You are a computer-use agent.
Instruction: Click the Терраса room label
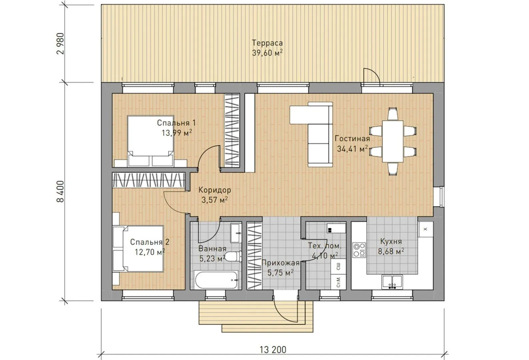click(x=267, y=43)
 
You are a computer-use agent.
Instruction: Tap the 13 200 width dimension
click(x=273, y=350)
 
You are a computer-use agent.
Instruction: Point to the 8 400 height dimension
click(x=60, y=192)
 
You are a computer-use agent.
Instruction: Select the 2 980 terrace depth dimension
click(x=60, y=43)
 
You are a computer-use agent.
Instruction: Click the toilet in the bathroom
click(x=233, y=257)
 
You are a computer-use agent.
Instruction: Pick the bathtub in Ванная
click(x=216, y=280)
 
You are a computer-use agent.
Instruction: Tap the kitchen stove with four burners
click(x=359, y=250)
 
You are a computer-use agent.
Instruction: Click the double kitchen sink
click(x=392, y=282)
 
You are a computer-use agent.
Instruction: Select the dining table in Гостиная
click(x=393, y=141)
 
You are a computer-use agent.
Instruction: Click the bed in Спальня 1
click(x=151, y=141)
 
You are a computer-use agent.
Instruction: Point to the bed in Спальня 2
click(x=138, y=248)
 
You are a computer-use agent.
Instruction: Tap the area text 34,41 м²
click(x=352, y=149)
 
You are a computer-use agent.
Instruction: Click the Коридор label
click(x=215, y=190)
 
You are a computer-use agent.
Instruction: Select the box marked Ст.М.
click(x=338, y=282)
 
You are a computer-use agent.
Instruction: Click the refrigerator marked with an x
click(x=425, y=229)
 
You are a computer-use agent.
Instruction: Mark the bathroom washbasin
click(x=236, y=233)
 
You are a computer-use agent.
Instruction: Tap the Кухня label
click(x=391, y=242)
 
